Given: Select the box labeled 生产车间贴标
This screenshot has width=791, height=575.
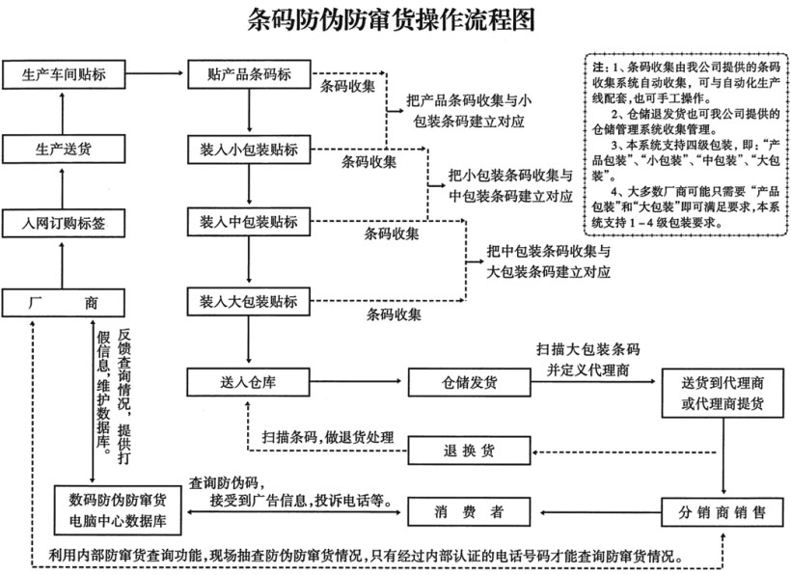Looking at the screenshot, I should (x=64, y=74).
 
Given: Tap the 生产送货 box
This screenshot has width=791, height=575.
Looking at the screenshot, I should (x=64, y=150).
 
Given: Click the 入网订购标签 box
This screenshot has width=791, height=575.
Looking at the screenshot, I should (x=64, y=224).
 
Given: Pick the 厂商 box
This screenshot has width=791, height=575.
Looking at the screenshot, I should (x=64, y=303).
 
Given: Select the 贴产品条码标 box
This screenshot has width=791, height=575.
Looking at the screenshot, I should (x=249, y=74).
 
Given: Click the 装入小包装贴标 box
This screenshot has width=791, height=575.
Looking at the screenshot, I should (x=249, y=150).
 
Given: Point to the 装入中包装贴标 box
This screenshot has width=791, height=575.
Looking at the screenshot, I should (x=249, y=224).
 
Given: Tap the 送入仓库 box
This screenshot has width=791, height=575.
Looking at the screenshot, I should (x=249, y=382).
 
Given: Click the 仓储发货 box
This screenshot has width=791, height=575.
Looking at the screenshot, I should (x=471, y=382).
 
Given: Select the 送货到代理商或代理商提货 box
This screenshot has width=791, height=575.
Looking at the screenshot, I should (x=722, y=394).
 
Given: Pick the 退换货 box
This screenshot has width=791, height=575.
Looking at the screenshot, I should (x=469, y=450).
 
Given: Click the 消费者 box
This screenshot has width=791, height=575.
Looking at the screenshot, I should (x=469, y=511).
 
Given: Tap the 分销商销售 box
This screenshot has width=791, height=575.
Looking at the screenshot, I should (x=722, y=511).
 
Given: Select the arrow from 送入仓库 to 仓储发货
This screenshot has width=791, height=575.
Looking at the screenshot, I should (x=358, y=382).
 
